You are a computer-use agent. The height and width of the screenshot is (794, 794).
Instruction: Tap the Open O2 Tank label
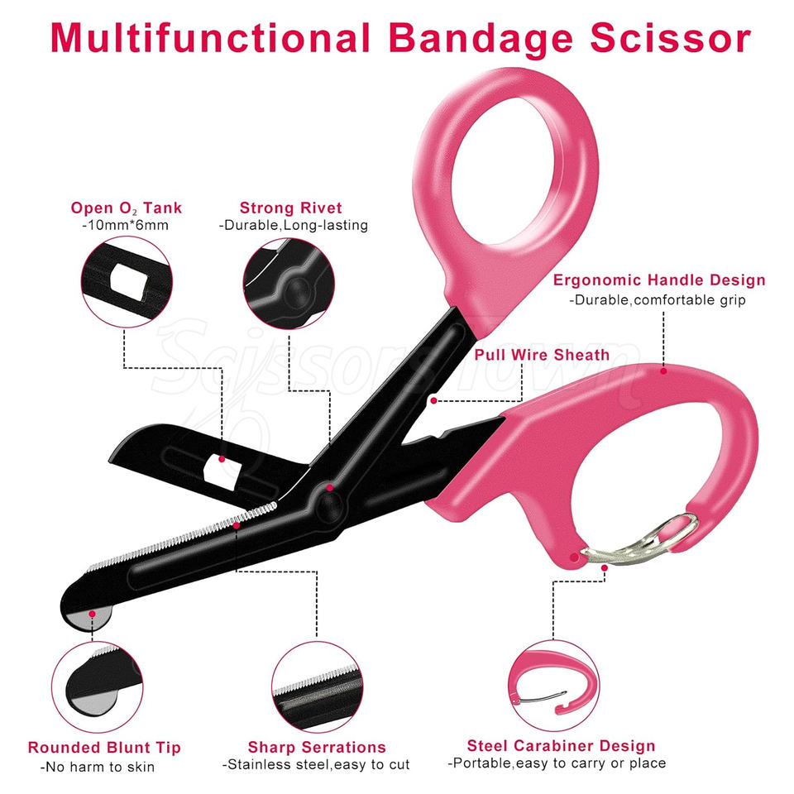[127, 208]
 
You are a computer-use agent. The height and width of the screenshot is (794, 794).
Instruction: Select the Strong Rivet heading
[290, 208]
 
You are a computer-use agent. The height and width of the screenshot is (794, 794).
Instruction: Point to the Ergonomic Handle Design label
[659, 280]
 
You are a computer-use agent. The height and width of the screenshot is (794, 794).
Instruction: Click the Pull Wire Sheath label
[542, 355]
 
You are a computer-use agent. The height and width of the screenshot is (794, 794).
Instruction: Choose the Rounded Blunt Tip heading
[104, 747]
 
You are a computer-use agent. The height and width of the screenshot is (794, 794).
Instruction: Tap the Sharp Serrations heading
[317, 747]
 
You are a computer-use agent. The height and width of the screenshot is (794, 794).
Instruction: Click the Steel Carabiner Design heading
[561, 746]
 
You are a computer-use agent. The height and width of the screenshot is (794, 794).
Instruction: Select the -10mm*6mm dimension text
[126, 225]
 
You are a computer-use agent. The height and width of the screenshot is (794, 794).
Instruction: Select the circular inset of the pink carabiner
[552, 683]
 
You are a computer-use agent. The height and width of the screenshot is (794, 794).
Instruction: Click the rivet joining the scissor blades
[328, 502]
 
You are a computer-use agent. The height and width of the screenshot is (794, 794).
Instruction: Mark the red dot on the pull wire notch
[433, 399]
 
